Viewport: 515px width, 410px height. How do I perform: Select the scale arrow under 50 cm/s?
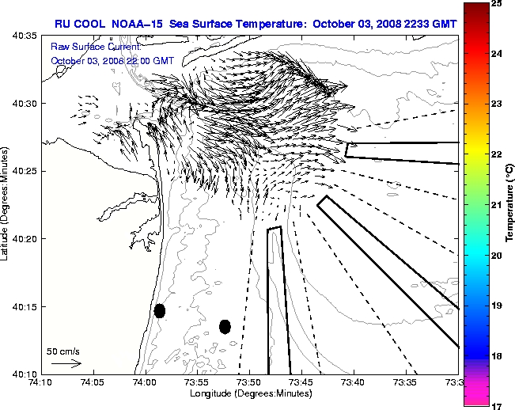(x=66, y=363)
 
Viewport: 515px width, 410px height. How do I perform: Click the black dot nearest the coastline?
(x=160, y=310)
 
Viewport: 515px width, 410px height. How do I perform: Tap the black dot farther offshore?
(x=225, y=326)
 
